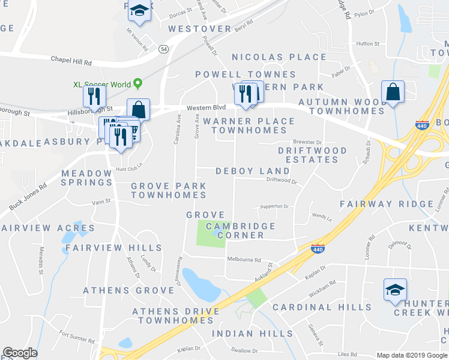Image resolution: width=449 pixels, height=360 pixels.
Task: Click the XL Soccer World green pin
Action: pos(138,83)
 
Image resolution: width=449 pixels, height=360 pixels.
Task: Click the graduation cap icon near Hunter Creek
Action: pos(395,290)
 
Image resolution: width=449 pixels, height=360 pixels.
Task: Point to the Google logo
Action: pos(20,353)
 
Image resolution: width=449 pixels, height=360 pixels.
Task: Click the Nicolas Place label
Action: pos(279,57)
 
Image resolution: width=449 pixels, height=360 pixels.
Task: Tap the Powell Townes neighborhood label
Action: pos(246,74)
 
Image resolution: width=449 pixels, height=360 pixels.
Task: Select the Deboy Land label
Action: pos(253,171)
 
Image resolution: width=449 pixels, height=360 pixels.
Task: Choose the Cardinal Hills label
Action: pos(322,307)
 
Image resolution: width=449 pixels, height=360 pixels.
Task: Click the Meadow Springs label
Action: pos(87,178)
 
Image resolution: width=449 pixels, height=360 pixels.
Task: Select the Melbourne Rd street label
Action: pos(244,260)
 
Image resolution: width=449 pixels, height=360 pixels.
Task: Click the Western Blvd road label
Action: pos(206,107)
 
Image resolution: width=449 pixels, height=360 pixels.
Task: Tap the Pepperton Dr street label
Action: pos(274,206)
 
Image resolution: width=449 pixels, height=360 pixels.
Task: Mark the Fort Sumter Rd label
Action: pos(77,340)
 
